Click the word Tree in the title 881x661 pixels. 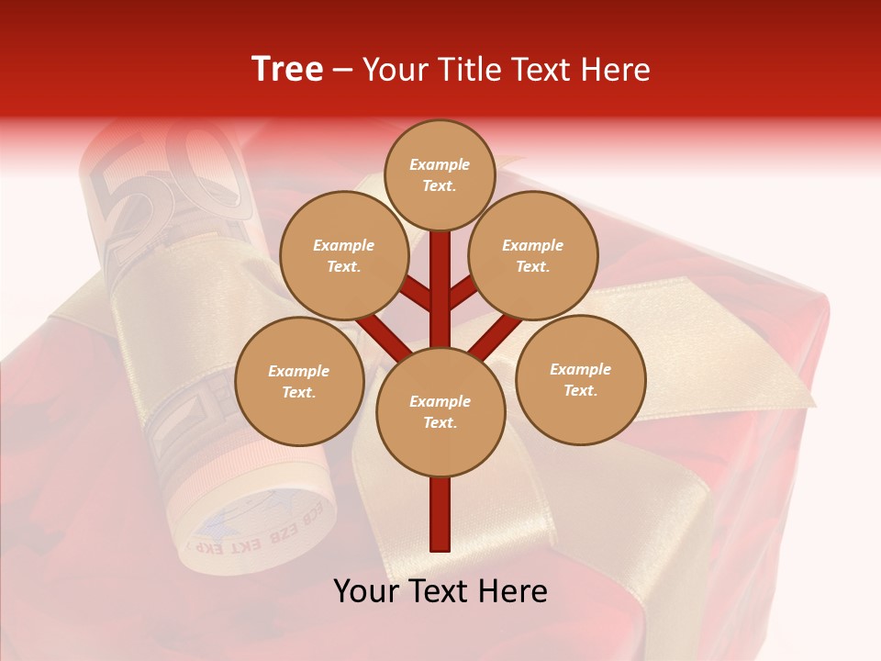tap(287, 70)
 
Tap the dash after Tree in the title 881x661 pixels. tap(342, 71)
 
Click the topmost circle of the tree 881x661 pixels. tap(440, 174)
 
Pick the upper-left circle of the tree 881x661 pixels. tap(344, 255)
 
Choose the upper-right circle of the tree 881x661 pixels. tap(533, 255)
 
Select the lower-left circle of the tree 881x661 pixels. tap(299, 381)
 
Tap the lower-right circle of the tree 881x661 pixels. tap(581, 379)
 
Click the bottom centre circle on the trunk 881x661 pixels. tap(440, 411)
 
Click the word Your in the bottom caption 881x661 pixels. tap(367, 591)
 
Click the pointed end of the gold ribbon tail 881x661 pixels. tap(811, 402)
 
